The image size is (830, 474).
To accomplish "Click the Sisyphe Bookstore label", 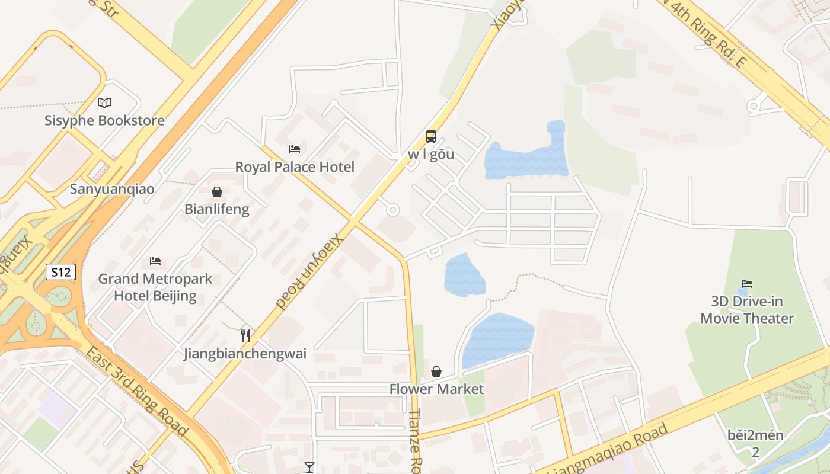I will pos(104,121).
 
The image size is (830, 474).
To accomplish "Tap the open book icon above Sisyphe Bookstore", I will pos(104,103).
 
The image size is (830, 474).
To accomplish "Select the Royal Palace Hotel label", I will pos(295,167).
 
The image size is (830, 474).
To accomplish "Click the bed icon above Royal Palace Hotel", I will pos(295,149).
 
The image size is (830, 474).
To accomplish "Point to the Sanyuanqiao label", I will pos(112,190).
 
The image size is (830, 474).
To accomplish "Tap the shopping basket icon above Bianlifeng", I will pos(217,192).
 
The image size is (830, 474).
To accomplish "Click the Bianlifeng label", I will pos(217,209).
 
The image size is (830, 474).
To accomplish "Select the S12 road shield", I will pos(61,273).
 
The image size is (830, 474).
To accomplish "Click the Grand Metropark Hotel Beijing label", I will pos(155,287).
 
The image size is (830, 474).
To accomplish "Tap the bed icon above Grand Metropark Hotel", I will pos(155,261).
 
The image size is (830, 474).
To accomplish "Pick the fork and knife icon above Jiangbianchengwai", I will pos(245,336).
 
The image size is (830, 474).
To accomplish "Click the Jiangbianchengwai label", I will pos(245,354).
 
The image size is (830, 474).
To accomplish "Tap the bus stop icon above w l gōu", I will pos(431,137).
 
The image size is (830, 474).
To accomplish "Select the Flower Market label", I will pos(436,389).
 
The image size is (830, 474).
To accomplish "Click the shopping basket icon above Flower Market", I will pos(436,371).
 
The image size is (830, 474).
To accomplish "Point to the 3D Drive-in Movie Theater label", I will pos(747,310).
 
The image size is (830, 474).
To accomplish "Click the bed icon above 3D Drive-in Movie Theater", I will pos(747,284).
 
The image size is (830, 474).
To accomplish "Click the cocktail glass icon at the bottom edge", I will pos(309,467).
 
